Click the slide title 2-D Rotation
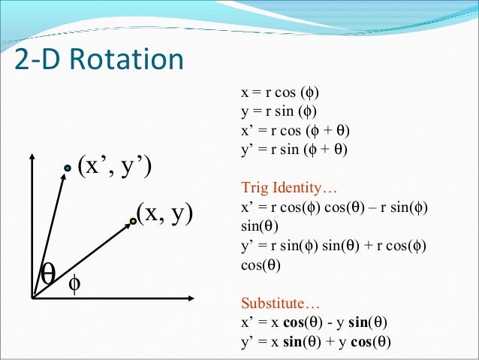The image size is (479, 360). point(98,60)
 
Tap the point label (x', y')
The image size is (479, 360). point(115,165)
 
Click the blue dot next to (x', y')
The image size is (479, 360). point(67,169)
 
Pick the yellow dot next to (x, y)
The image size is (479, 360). point(133,220)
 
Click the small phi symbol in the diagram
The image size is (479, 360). point(74,285)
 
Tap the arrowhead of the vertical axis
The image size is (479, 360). point(32,157)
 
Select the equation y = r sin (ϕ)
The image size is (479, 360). point(279,113)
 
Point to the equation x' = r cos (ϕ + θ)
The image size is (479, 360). point(295,132)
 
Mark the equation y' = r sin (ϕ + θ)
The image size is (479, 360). point(295,150)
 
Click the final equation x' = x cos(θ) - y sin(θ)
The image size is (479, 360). point(314,324)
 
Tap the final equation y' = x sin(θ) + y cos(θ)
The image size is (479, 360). point(315,342)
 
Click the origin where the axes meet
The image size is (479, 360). point(32,298)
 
